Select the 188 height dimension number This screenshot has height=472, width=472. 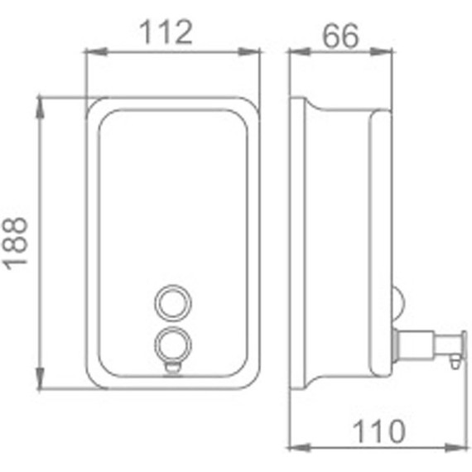(x=16, y=242)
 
